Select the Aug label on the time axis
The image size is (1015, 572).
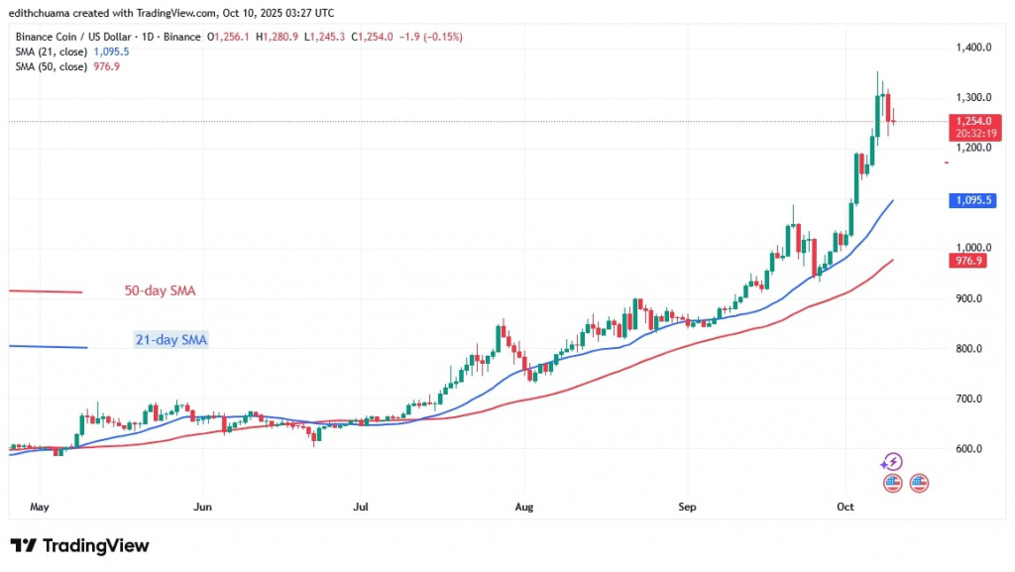point(524,507)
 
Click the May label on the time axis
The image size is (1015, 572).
point(39,507)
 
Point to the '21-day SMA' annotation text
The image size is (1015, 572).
point(171,340)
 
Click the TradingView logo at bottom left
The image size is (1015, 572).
point(79,546)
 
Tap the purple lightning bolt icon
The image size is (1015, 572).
point(891,462)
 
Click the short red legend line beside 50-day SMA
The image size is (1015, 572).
point(45,291)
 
